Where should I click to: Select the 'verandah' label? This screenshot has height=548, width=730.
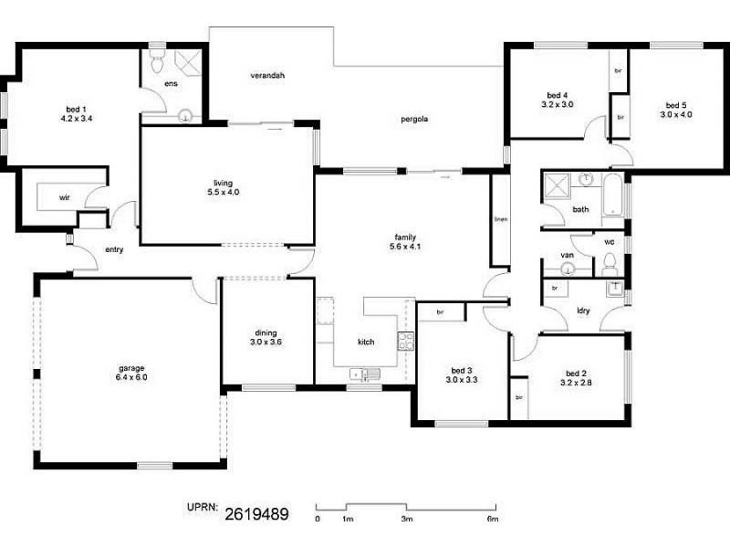pos(267,76)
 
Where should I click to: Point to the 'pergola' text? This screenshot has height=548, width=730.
pos(414,120)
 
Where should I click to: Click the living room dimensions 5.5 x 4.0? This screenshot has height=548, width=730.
pos(224,192)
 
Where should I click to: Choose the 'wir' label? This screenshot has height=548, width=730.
pos(64,197)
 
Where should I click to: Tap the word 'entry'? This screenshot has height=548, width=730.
pos(114,249)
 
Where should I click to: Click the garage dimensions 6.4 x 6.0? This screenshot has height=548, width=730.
pos(131,377)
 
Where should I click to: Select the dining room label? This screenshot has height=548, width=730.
pos(266,332)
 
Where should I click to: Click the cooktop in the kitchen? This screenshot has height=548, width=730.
pos(405,341)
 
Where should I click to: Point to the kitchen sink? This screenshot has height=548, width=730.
pos(365,374)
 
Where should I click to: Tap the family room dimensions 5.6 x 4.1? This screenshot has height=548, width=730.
pos(405,246)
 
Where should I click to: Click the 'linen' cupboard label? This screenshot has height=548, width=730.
pos(501,219)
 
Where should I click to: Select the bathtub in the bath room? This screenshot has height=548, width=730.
pos(612,195)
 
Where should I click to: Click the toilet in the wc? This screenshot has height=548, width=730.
pos(610,265)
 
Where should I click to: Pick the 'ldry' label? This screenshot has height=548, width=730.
pos(583,311)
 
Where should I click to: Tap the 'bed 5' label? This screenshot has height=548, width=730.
pos(676,105)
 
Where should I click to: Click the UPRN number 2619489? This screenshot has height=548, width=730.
pos(257,514)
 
